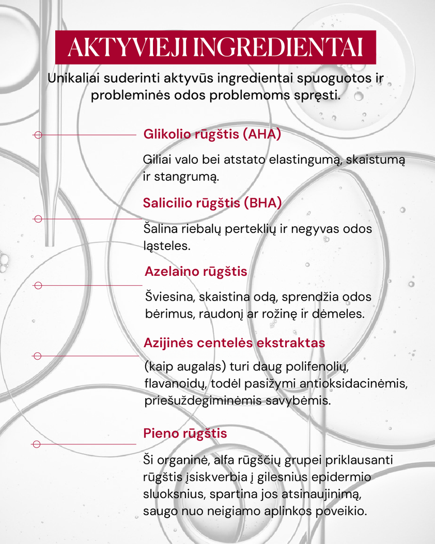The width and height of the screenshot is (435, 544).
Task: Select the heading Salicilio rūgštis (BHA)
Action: (212, 203)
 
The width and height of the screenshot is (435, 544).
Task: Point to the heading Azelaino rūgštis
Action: (196, 271)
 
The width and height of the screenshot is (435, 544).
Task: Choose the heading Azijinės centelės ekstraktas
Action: (234, 343)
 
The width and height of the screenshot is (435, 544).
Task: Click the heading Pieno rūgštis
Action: (185, 433)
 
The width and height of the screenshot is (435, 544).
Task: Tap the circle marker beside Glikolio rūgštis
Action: (37, 135)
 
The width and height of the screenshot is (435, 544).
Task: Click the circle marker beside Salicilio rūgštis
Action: (37, 219)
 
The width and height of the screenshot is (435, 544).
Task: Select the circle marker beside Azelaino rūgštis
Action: (37, 285)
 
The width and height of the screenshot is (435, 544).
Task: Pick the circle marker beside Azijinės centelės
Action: (37, 356)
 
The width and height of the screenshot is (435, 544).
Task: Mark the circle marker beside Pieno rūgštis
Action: (37, 444)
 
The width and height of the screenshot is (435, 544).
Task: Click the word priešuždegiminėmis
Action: (204, 401)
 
